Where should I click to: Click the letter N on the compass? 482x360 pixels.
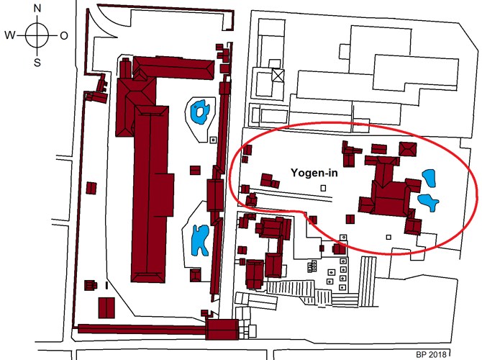tap(37, 9)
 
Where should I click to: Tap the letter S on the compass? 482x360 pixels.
tap(37, 63)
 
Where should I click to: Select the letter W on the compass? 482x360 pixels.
tap(9, 35)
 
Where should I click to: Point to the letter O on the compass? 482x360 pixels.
tap(64, 36)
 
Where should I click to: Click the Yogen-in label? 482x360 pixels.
tap(314, 173)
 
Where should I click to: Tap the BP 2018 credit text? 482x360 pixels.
tap(431, 354)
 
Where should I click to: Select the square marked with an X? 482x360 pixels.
tap(278, 76)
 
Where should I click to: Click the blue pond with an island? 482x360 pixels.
tap(200, 112)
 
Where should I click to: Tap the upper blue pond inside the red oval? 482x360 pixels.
tap(429, 178)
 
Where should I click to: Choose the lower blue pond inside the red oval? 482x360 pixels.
tap(428, 202)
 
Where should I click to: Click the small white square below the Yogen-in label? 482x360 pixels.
tap(323, 188)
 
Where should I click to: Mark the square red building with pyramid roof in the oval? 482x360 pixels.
tap(408, 149)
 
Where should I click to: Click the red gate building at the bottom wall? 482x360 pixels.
tap(222, 330)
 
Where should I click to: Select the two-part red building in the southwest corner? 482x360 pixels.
tap(106, 307)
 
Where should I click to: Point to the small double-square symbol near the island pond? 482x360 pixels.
tap(213, 140)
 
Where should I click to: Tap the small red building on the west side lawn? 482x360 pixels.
tap(91, 188)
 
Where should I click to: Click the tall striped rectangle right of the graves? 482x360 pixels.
tap(368, 282)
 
